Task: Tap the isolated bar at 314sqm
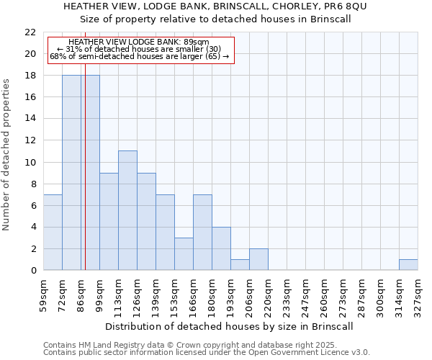(408, 265)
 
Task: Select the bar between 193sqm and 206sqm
(240, 265)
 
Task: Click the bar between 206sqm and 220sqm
(258, 259)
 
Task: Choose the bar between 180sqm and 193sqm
(221, 248)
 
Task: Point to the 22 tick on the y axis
(30, 32)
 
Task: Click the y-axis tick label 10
(30, 162)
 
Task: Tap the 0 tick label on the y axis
(33, 271)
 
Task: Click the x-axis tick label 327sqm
(418, 295)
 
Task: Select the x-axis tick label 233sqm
(287, 295)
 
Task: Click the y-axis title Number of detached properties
(6, 155)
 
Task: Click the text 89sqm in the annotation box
(196, 42)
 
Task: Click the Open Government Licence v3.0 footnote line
(206, 353)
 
